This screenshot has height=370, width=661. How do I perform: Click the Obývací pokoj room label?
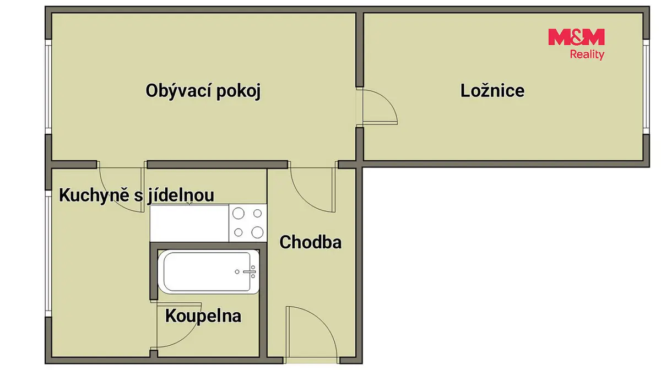(x=203, y=91)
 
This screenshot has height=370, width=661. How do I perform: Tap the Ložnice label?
(x=492, y=91)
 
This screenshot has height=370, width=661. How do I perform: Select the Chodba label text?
(x=311, y=242)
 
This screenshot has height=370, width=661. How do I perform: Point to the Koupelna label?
(x=203, y=316)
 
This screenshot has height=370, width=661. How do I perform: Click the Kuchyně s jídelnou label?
(x=137, y=195)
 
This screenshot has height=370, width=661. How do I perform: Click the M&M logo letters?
(x=576, y=37)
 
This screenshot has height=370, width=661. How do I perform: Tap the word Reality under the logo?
(x=587, y=55)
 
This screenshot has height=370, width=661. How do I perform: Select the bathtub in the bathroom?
(x=209, y=272)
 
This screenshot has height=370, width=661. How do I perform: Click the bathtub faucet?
(x=250, y=272)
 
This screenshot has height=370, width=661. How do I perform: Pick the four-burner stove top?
(x=248, y=223)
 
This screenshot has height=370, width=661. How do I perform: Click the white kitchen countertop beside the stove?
(x=189, y=223)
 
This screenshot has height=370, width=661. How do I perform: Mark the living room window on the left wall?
(x=48, y=86)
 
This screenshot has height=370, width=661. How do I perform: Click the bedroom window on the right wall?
(x=646, y=86)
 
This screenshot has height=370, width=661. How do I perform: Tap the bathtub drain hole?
(x=237, y=272)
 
